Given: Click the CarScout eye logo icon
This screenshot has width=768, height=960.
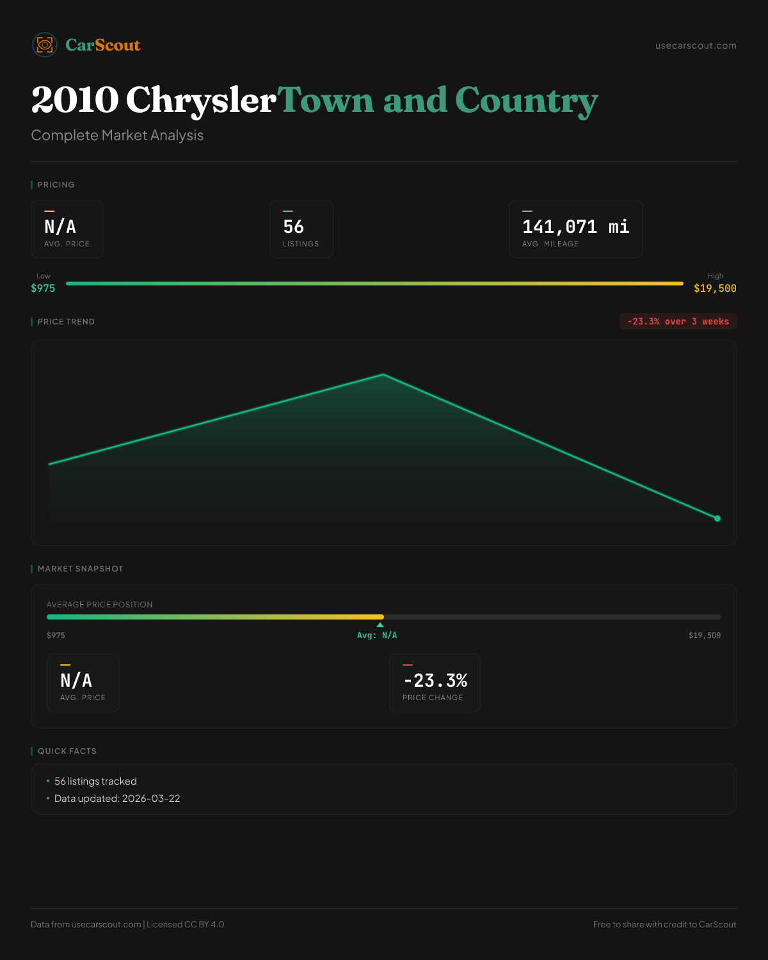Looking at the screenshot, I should pos(45,45).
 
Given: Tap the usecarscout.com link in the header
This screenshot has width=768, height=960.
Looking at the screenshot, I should pos(696,45).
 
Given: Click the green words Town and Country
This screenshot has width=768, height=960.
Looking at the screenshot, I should pos(438,100).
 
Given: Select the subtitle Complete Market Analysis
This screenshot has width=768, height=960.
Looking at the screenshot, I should pos(117,135).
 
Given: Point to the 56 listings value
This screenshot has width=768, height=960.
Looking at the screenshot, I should pos(294,227).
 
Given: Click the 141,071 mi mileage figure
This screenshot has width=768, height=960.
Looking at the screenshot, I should pos(575,227).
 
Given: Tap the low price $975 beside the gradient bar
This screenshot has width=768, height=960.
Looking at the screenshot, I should pos(43,288).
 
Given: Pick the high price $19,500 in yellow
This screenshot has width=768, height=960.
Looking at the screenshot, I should pos(715,288).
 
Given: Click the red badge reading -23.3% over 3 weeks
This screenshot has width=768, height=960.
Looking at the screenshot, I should pos(678,321).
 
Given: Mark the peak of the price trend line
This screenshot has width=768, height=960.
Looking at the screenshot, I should pos(383,374).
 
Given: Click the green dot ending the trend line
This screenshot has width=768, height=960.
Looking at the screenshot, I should pos(717,518).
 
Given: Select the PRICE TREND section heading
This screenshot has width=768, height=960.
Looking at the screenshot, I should pos(66,322).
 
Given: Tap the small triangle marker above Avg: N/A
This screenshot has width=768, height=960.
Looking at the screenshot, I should pos(380,625).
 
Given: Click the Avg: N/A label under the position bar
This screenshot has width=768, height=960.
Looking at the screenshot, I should pos(377,636).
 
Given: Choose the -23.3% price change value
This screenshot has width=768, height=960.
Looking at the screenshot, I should pos(435,680).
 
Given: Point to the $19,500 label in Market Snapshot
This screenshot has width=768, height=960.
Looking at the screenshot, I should pos(704,636).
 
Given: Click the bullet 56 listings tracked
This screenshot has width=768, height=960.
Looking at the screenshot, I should pos(95,781).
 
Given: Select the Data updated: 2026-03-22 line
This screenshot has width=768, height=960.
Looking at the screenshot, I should pos(117,799).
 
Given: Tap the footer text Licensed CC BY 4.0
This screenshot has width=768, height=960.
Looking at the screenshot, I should pos(186,924).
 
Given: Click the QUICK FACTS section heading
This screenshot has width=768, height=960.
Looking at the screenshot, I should pos(67,751).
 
